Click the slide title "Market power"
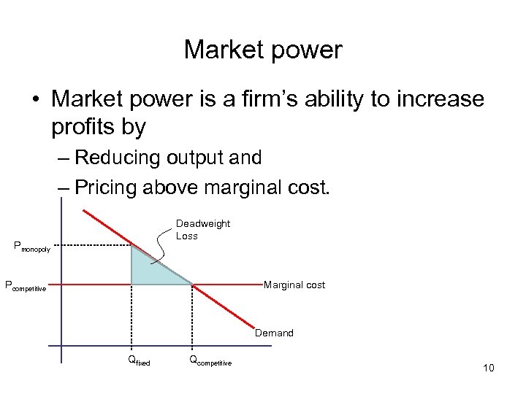(263, 50)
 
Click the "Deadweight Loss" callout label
(202, 230)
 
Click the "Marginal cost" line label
(294, 285)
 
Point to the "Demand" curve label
(274, 333)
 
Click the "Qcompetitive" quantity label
(210, 360)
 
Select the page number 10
(488, 368)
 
